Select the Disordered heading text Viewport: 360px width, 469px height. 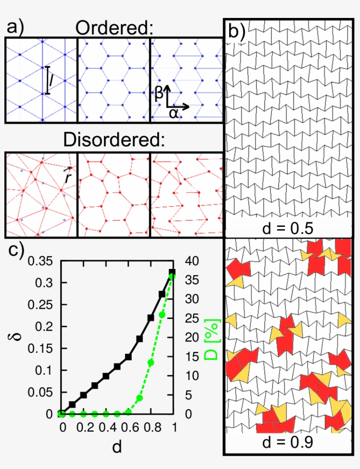click(x=114, y=141)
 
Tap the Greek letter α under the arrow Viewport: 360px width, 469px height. click(x=174, y=114)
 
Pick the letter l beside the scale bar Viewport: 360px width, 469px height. click(x=52, y=80)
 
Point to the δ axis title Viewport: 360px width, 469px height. click(x=13, y=338)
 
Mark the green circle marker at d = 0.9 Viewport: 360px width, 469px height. click(x=162, y=315)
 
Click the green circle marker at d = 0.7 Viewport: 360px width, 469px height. click(x=139, y=398)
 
